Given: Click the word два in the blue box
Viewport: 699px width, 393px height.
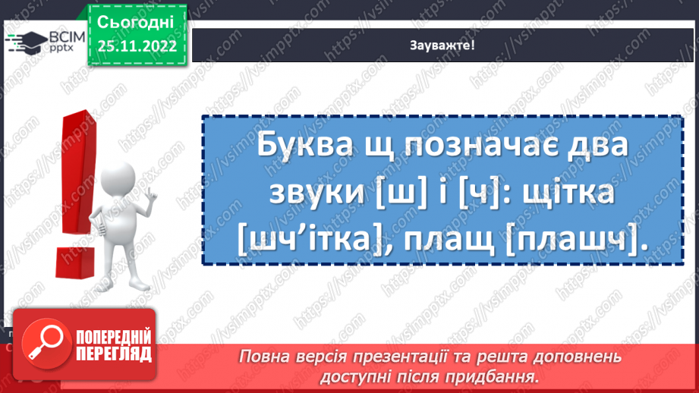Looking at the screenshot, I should (600, 145).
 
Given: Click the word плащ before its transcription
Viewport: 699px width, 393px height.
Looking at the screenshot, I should (455, 242).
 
